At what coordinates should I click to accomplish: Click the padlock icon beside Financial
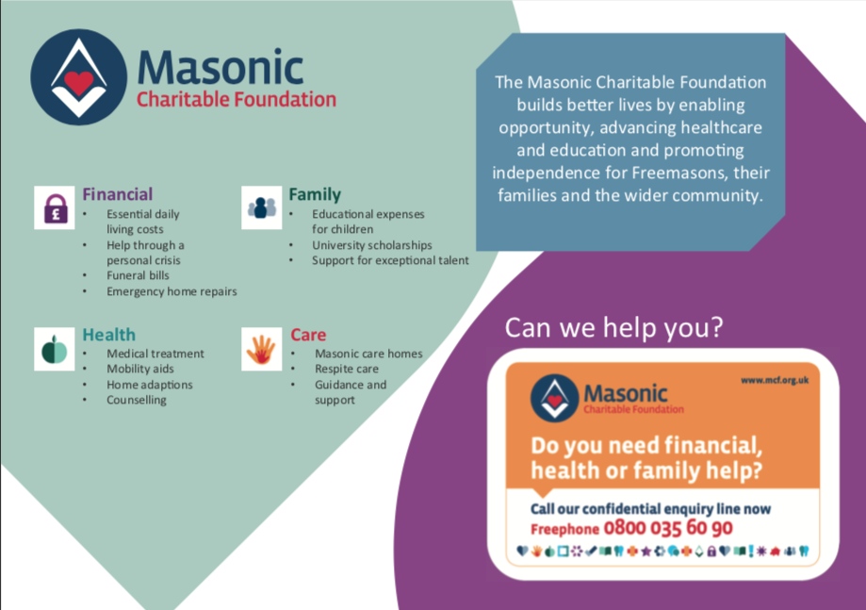coord(55,207)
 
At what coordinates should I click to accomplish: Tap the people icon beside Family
coord(262,207)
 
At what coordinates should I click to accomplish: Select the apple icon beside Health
coord(55,349)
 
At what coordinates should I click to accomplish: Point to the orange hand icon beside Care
coord(262,349)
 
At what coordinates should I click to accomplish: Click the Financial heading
coord(117,194)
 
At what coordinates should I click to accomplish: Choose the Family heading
coord(315,194)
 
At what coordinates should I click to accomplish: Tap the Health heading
coord(108,335)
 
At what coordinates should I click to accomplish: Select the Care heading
coord(308,335)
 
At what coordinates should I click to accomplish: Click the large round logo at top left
coord(79,77)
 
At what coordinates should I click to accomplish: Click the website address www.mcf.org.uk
coord(775,380)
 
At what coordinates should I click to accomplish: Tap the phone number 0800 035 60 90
coord(668,528)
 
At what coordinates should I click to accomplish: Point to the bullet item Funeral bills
coord(139,275)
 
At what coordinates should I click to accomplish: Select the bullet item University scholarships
coord(371,245)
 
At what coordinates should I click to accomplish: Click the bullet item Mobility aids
coord(140,369)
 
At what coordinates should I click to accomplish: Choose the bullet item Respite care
coord(347,369)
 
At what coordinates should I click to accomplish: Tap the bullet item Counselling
coord(137,400)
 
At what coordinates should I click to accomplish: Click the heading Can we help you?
coord(613,328)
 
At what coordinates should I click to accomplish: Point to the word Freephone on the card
coord(565,529)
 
